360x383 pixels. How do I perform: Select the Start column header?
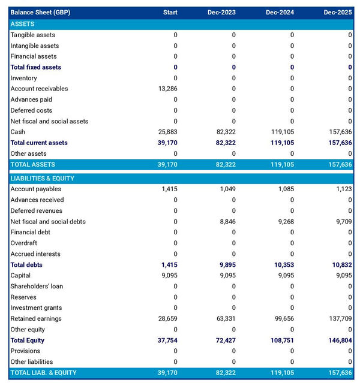(x=170, y=13)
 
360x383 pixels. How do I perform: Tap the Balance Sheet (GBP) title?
(x=40, y=13)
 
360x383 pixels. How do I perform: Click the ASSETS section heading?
(x=22, y=24)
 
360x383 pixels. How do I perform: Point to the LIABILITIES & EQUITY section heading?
(x=46, y=179)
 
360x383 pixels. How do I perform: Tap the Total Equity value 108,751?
(x=281, y=340)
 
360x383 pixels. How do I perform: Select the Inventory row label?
(x=23, y=78)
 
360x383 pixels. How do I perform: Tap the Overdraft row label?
(x=25, y=243)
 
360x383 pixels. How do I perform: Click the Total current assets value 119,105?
(x=281, y=143)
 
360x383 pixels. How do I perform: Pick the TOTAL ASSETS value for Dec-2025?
(x=339, y=164)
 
